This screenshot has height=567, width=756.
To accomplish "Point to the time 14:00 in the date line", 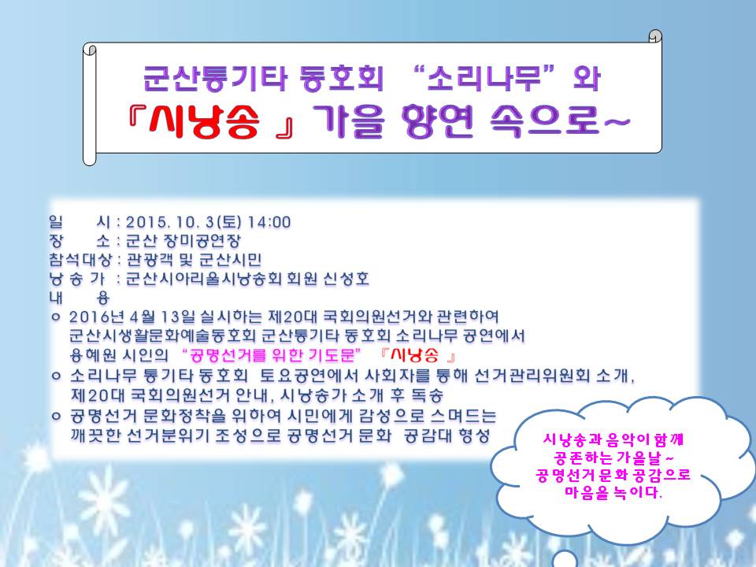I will [x=269, y=222].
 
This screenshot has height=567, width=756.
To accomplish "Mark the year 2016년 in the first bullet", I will [x=91, y=316].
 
